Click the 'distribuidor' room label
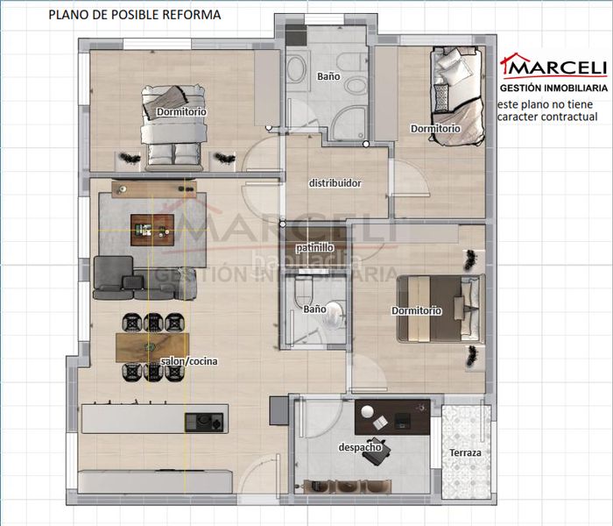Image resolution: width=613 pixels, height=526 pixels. coord(335,183)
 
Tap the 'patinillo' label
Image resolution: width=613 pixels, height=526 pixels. coord(314,247)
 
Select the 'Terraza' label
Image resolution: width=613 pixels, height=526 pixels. coord(465,453)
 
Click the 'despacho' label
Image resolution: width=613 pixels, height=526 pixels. coord(360,447)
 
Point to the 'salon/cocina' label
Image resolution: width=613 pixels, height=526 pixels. coord(189,361)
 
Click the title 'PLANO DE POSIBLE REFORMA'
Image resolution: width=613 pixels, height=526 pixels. coord(135,15)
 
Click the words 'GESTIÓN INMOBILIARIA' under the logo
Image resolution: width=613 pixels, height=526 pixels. coord(553,88)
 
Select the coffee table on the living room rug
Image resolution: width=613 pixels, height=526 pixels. coord(152,230)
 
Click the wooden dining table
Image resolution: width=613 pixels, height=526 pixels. coord(152,347)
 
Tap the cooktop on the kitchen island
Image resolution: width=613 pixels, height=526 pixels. coord(204,423)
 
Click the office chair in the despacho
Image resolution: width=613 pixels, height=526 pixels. coord(376,451)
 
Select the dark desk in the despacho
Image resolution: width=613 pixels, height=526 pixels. coord(392,416)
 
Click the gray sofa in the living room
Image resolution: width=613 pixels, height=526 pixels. coord(144,279)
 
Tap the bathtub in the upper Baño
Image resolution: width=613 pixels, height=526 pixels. coord(297,69)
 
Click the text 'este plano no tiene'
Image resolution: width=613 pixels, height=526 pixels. coord(545,104)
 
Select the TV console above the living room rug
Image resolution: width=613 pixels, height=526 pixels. coord(154,189)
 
